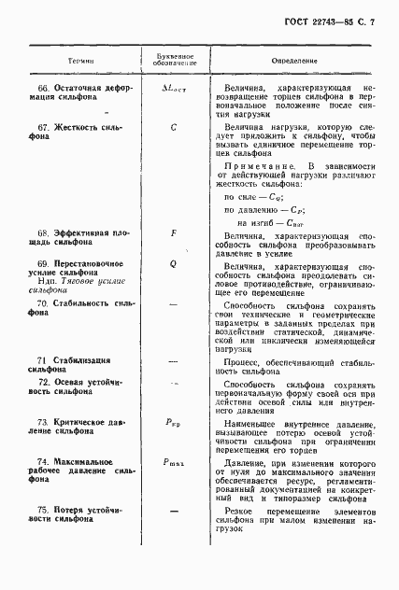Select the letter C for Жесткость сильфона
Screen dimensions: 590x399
[x=174, y=125]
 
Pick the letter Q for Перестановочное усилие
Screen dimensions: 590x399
[x=174, y=264]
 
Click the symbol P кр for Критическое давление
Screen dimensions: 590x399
[x=174, y=423]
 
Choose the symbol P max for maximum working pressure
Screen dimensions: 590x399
[x=174, y=462]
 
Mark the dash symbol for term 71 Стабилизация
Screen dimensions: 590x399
[x=174, y=359]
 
